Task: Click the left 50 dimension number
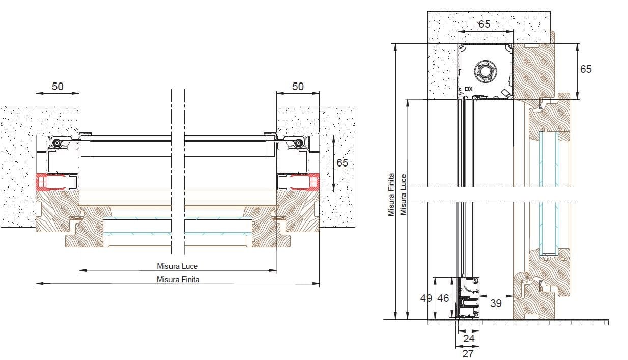click(58, 87)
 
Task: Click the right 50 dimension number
click(298, 87)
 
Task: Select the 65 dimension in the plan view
click(342, 163)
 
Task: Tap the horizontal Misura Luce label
click(177, 266)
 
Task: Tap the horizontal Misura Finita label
click(178, 280)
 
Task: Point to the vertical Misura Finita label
click(391, 195)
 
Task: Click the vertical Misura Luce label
click(403, 195)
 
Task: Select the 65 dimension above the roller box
click(484, 24)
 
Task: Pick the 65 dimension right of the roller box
click(586, 69)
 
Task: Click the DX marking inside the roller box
click(469, 89)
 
